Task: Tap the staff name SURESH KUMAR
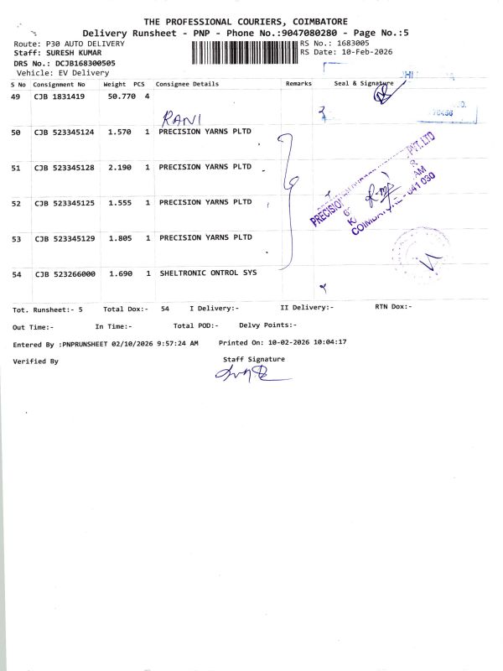click(71, 52)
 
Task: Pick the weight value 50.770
click(122, 97)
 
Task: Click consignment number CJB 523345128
click(64, 168)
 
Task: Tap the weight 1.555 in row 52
click(121, 203)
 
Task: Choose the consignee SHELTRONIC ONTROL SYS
click(208, 273)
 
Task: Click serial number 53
click(17, 239)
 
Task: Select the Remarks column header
click(298, 84)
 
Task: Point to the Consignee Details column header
click(187, 84)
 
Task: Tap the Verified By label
click(36, 361)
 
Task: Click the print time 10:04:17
click(329, 343)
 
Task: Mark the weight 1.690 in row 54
click(121, 274)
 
